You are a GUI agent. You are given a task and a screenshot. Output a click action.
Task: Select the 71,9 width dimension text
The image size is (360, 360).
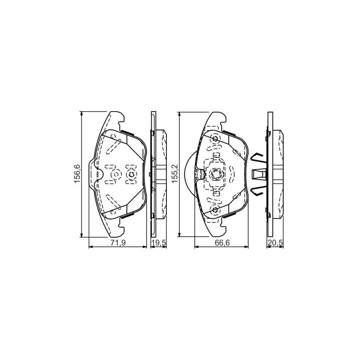(x=118, y=243)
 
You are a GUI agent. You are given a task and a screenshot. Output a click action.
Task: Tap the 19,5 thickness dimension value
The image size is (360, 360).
(x=159, y=243)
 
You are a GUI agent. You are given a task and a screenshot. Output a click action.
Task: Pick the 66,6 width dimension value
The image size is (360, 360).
(x=222, y=243)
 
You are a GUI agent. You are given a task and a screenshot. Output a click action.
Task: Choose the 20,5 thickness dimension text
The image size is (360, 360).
(x=275, y=243)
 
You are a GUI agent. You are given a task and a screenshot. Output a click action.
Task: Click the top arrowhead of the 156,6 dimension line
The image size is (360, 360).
(x=81, y=114)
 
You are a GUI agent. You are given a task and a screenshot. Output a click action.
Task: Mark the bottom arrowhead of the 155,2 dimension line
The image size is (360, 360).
(x=180, y=234)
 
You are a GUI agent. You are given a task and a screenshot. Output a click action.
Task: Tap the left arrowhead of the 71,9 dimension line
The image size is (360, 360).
(x=91, y=247)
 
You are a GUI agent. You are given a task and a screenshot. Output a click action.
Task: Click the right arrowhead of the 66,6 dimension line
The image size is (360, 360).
(x=246, y=247)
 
